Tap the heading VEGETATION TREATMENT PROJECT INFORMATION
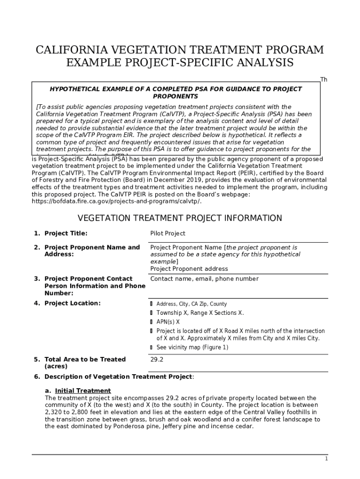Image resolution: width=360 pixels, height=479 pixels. [x=180, y=218]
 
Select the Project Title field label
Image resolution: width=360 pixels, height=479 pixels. [x=65, y=233]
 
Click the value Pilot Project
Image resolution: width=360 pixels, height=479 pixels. [x=167, y=233]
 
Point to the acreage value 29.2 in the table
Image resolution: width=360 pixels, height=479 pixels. [x=157, y=359]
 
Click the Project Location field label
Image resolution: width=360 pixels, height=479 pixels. [x=72, y=303]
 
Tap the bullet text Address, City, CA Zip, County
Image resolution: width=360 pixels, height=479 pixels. [x=191, y=304]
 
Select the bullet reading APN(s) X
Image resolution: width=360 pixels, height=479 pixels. [x=168, y=322]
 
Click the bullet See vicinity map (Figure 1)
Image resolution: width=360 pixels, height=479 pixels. [x=192, y=347]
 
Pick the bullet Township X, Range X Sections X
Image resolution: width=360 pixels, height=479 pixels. [x=200, y=313]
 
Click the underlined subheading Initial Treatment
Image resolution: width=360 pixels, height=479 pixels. [x=83, y=391]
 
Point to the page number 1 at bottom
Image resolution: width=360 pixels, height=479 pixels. [x=326, y=459]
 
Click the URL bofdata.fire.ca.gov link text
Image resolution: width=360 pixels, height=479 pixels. [x=116, y=202]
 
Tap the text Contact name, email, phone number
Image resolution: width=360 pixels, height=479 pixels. [x=204, y=279]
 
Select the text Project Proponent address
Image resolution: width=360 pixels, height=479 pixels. [x=189, y=269]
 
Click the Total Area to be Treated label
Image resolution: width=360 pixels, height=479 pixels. [x=85, y=359]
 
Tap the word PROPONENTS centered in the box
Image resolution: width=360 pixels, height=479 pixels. [x=175, y=96]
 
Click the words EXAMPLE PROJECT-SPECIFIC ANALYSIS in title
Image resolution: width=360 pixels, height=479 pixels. [x=180, y=63]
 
